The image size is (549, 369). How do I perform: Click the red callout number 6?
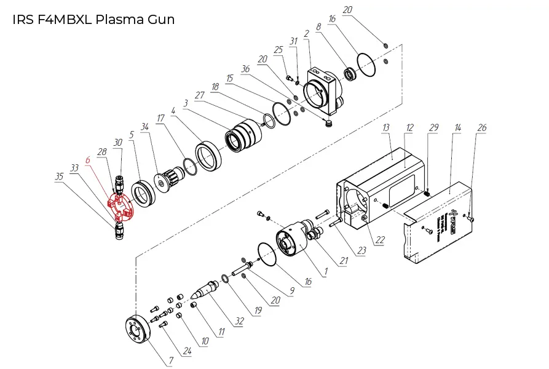tap(88, 159)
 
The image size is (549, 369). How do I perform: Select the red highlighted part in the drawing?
tap(120, 208)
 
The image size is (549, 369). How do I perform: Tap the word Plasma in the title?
tap(118, 20)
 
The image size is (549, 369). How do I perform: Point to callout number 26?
tap(481, 127)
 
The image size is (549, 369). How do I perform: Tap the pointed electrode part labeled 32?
tap(205, 288)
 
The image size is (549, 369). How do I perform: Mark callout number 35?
tap(60, 176)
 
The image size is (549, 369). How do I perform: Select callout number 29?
tap(434, 127)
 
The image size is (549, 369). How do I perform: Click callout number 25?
tap(278, 49)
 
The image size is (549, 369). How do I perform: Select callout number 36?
tap(246, 69)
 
